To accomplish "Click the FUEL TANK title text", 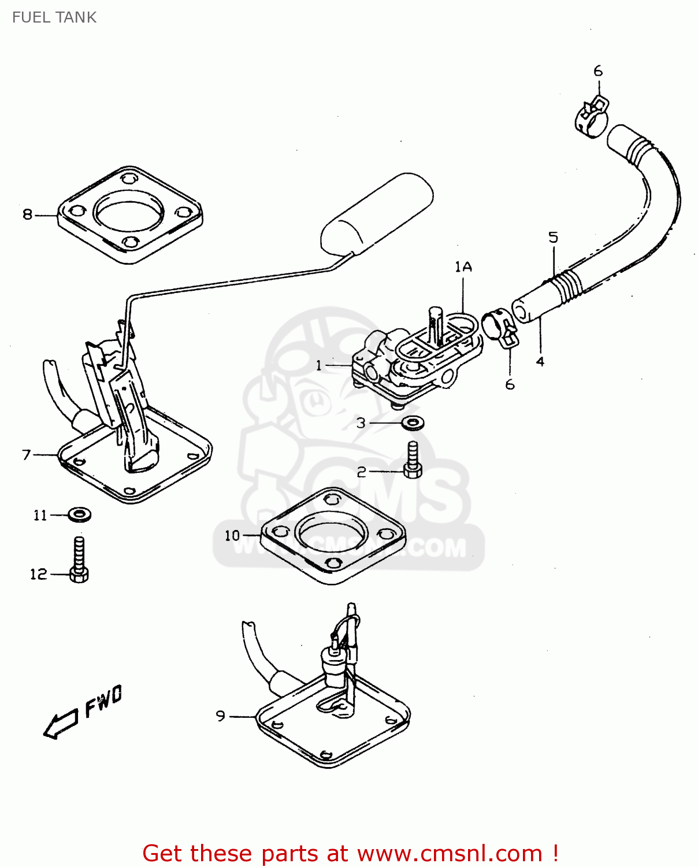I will point(54,17).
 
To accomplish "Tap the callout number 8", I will point(27,215).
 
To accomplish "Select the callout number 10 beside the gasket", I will point(232,536).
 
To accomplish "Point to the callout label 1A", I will point(463,266).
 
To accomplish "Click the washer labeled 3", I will point(413,423).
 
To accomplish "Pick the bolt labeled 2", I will point(413,461).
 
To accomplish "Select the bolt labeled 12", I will point(79,560).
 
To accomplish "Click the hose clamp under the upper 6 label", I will point(592,116).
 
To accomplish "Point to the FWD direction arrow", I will point(61,723).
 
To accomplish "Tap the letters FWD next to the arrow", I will point(104,701).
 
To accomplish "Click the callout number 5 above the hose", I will point(554,237).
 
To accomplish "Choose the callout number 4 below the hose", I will point(540,362).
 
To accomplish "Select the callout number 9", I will point(221,716).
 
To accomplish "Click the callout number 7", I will point(27,455).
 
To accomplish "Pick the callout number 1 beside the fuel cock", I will point(319,365).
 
